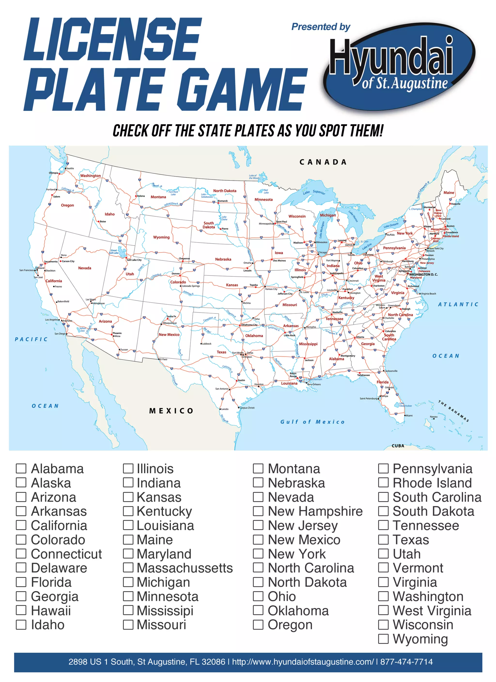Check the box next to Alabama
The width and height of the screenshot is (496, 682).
click(x=21, y=468)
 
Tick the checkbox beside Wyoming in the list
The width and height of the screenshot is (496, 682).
click(x=383, y=639)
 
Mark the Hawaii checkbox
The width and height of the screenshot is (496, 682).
click(x=21, y=610)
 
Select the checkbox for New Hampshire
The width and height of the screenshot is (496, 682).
click(x=258, y=511)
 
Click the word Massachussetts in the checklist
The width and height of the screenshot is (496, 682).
click(x=185, y=568)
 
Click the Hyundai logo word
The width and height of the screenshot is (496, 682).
click(x=391, y=57)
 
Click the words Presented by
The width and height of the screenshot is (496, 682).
click(x=321, y=27)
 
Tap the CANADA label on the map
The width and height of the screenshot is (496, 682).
click(x=323, y=162)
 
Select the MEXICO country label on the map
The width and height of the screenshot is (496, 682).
click(x=171, y=411)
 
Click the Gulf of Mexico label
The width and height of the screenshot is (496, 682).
click(x=312, y=422)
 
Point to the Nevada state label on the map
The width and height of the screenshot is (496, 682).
click(x=85, y=268)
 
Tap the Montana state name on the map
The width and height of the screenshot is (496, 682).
click(x=158, y=197)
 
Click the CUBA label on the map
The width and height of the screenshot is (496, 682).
click(x=398, y=446)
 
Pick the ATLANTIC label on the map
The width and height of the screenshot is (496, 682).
click(x=458, y=304)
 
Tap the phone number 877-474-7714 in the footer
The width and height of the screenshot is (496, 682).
click(x=406, y=662)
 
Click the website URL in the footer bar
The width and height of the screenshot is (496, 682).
click(x=303, y=662)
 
